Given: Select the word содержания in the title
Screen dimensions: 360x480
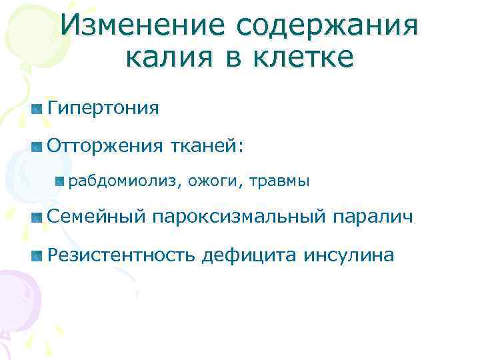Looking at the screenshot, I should tap(328, 26).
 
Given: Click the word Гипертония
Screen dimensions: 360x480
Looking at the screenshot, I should tap(103, 108).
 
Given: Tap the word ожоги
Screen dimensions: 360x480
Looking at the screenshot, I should tap(215, 181).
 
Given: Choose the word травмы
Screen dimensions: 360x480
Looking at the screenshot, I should tap(281, 181).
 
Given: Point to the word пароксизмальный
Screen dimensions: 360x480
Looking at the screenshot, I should tap(250, 217).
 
